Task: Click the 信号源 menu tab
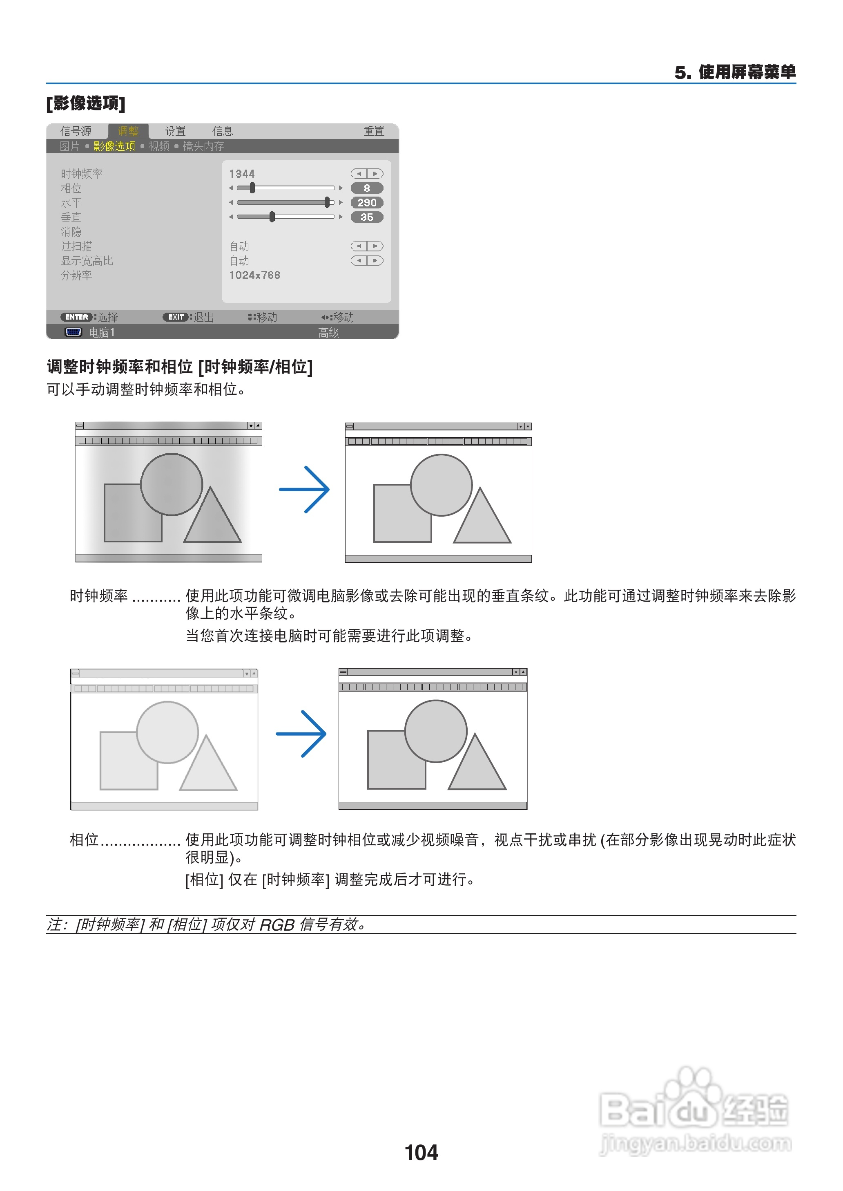76,131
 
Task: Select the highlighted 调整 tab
128,131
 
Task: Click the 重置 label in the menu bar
373,131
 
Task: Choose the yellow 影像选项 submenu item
114,146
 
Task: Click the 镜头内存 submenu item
203,146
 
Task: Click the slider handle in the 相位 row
252,188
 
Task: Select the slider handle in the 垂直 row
272,217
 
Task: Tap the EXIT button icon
176,317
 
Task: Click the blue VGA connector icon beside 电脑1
73,332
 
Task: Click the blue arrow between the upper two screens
304,489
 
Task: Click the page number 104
421,1153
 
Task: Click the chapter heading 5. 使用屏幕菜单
735,72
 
